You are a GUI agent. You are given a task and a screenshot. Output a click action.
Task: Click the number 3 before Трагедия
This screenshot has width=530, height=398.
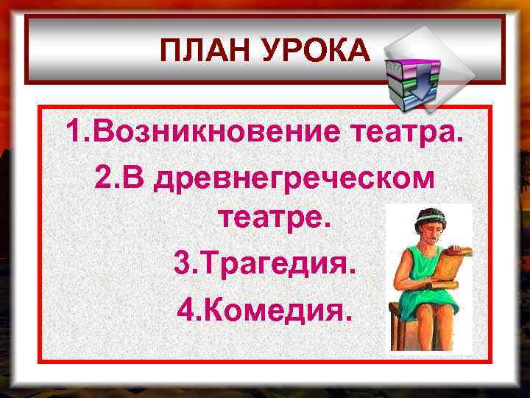181,262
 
